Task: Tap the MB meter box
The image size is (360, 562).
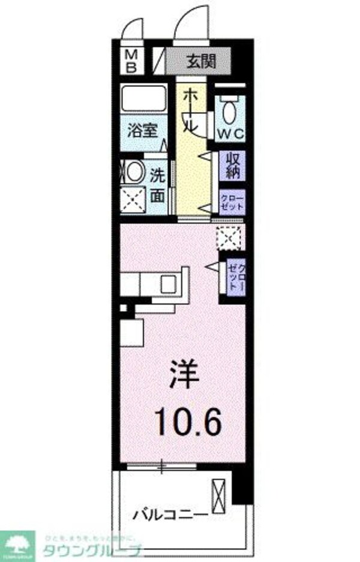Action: tap(131, 61)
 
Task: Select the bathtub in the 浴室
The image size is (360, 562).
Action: tap(143, 99)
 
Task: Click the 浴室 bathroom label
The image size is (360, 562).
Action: tap(142, 131)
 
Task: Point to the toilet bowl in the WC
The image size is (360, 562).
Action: tap(229, 112)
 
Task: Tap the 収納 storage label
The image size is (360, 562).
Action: tap(233, 166)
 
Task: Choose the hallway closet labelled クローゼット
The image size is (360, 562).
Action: tap(233, 200)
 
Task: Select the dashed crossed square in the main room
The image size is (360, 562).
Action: tap(229, 238)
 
